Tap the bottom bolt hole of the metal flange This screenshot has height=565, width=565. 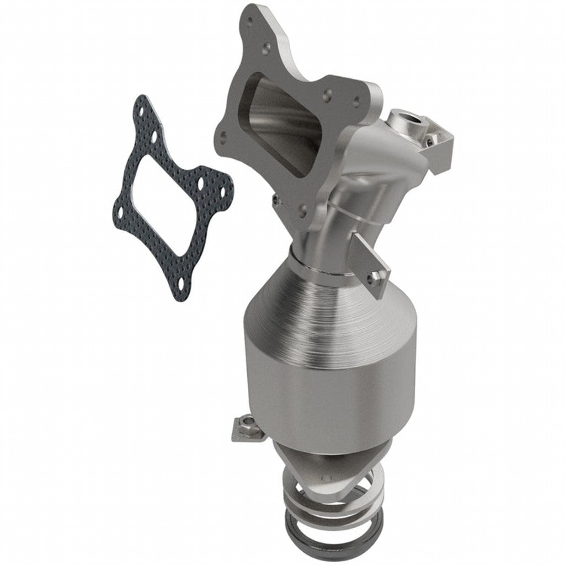pyautogui.click(x=302, y=209)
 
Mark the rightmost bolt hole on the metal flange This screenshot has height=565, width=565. pyautogui.click(x=356, y=101)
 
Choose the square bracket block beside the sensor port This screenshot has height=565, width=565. pyautogui.click(x=439, y=149)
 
